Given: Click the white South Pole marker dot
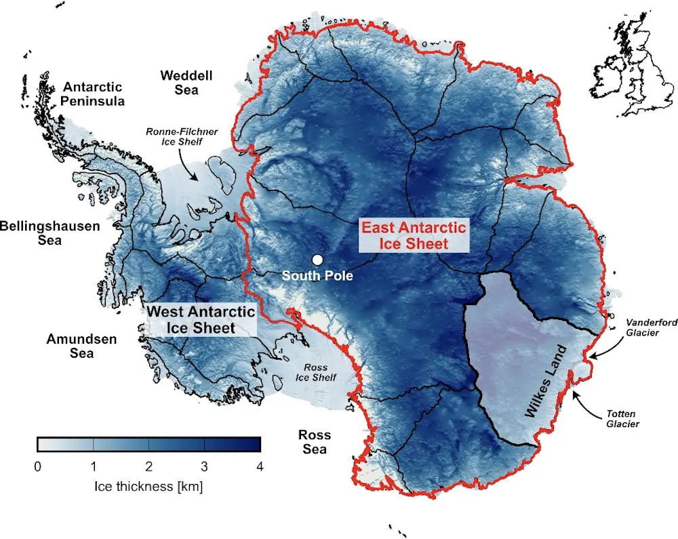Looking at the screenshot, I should [317, 260].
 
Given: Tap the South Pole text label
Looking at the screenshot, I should [317, 276].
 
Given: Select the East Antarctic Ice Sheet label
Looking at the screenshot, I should [414, 235].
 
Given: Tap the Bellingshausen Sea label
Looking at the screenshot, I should [49, 233].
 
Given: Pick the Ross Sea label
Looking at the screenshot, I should [315, 441].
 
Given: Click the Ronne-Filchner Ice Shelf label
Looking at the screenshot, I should [182, 136].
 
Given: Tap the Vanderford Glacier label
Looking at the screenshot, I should [651, 327].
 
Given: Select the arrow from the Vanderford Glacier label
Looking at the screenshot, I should [607, 346].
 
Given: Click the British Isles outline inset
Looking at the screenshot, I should [625, 75].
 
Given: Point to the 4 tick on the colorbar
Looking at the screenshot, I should [260, 466].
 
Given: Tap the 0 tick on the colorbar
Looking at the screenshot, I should [37, 466].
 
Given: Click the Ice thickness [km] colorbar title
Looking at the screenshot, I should [148, 486].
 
